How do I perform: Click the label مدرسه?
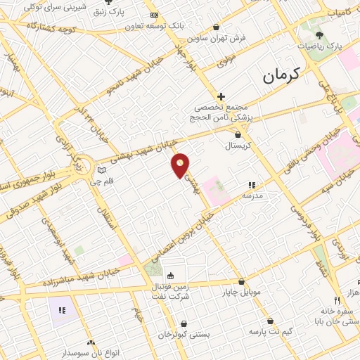[252, 196]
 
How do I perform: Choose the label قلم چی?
[102, 181]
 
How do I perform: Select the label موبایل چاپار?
[243, 291]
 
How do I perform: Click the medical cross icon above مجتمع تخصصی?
[221, 96]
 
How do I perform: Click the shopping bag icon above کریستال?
[238, 134]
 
